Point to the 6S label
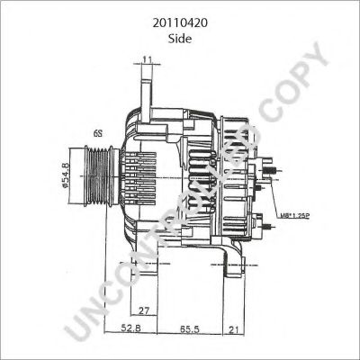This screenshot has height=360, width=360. pyautogui.click(x=96, y=132)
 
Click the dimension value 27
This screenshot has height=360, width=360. pyautogui.click(x=144, y=310)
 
